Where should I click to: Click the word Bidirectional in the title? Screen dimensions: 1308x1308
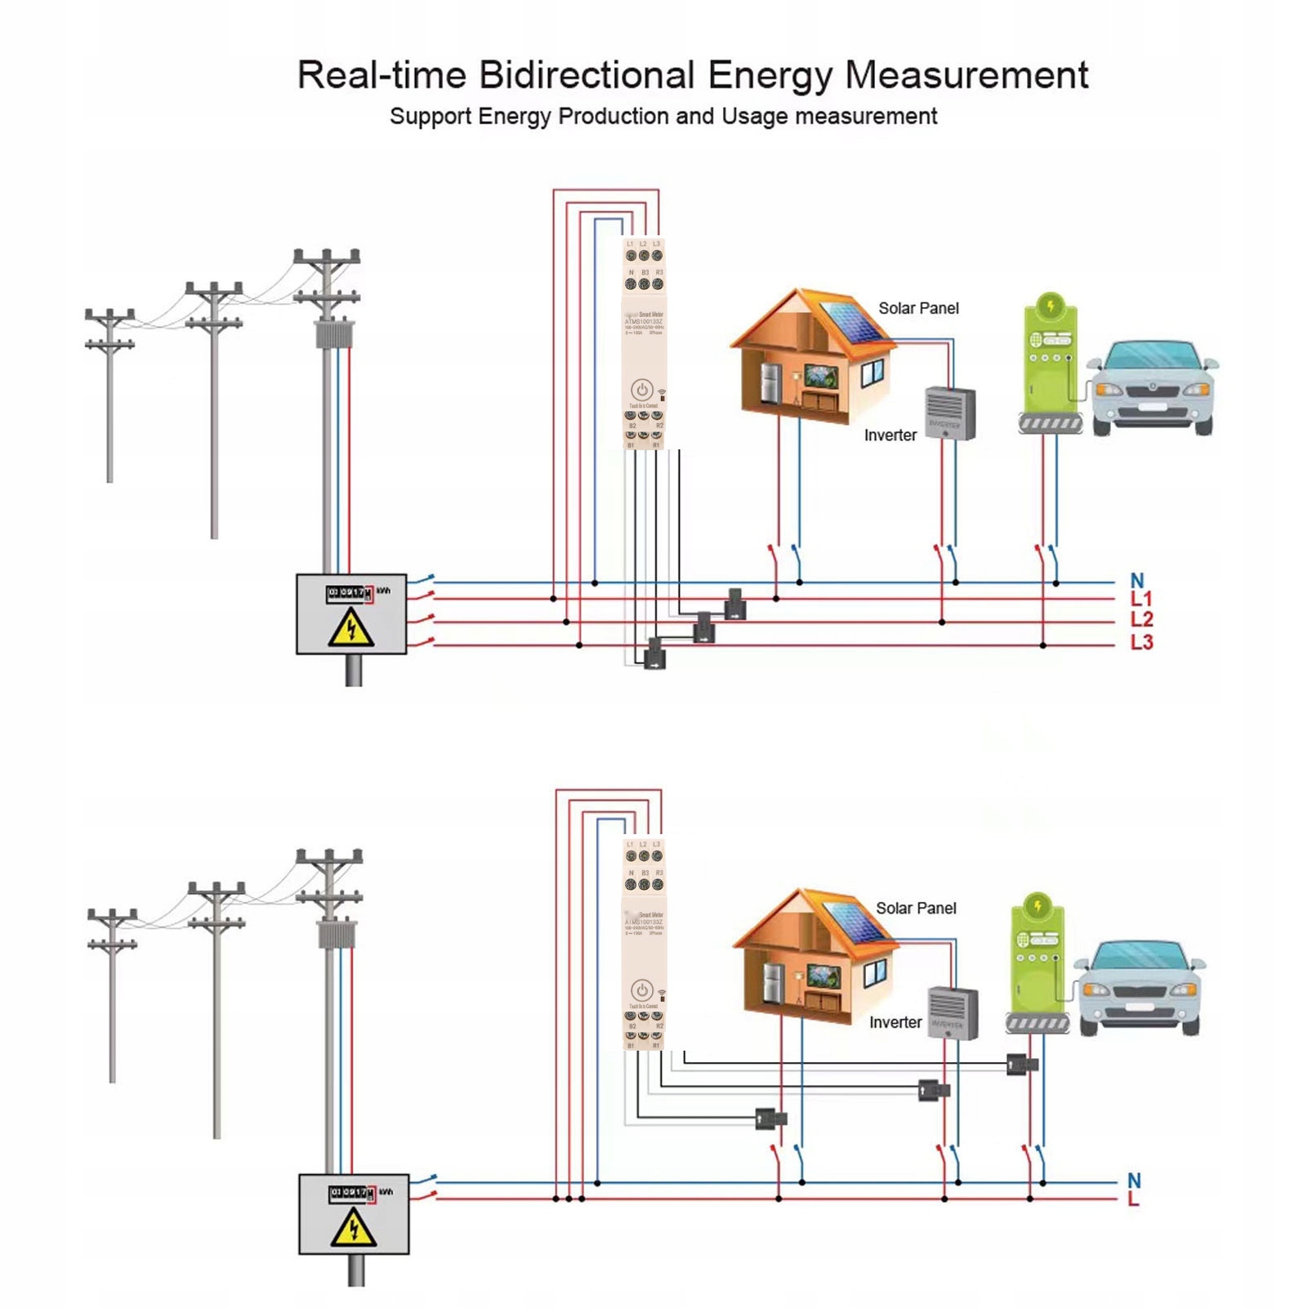tap(586, 75)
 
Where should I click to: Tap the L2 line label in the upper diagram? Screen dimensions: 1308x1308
tap(1141, 620)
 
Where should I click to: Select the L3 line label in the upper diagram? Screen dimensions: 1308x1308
tap(1141, 643)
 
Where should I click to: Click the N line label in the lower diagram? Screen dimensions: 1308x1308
tap(1134, 1181)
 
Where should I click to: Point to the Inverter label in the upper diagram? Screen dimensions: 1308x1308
tap(890, 435)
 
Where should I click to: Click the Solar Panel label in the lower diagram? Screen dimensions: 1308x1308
tap(916, 908)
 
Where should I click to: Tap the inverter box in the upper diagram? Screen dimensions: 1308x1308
tap(950, 413)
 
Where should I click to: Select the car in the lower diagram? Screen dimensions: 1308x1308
tap(1139, 988)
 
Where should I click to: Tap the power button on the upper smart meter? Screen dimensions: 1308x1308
tap(642, 390)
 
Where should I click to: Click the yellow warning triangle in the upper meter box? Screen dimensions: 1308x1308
tap(351, 628)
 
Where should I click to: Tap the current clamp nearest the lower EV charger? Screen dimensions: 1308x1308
tap(1021, 1065)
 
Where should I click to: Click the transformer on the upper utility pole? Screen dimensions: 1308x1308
tap(331, 335)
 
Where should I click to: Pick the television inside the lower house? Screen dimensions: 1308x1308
tap(822, 975)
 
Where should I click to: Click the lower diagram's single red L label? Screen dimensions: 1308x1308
tap(1133, 1199)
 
